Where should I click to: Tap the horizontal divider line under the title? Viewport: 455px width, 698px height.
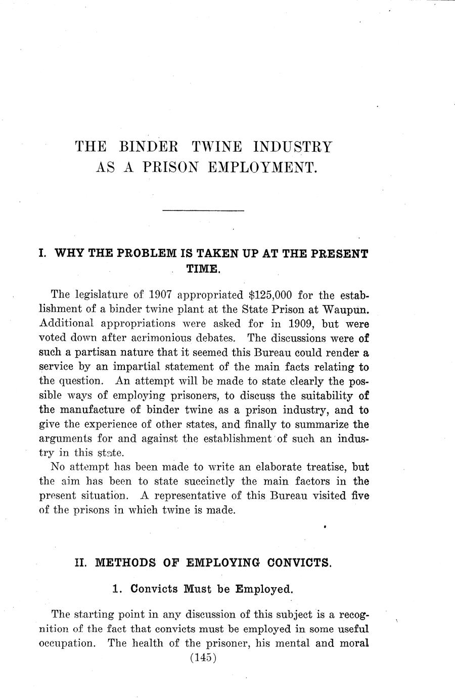(203, 210)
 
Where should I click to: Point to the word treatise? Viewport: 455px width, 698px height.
(320, 467)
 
